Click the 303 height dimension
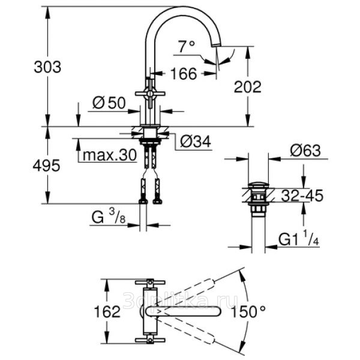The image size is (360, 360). [47, 67]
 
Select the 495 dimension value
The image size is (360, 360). [47, 166]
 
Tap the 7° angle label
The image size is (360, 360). [187, 47]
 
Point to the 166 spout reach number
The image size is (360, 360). [184, 74]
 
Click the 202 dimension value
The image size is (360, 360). [247, 87]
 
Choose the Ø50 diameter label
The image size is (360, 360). [109, 103]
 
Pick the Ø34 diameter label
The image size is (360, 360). [196, 141]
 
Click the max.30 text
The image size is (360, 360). [110, 155]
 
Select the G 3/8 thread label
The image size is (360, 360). [109, 217]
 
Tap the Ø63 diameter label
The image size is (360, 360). [305, 151]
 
